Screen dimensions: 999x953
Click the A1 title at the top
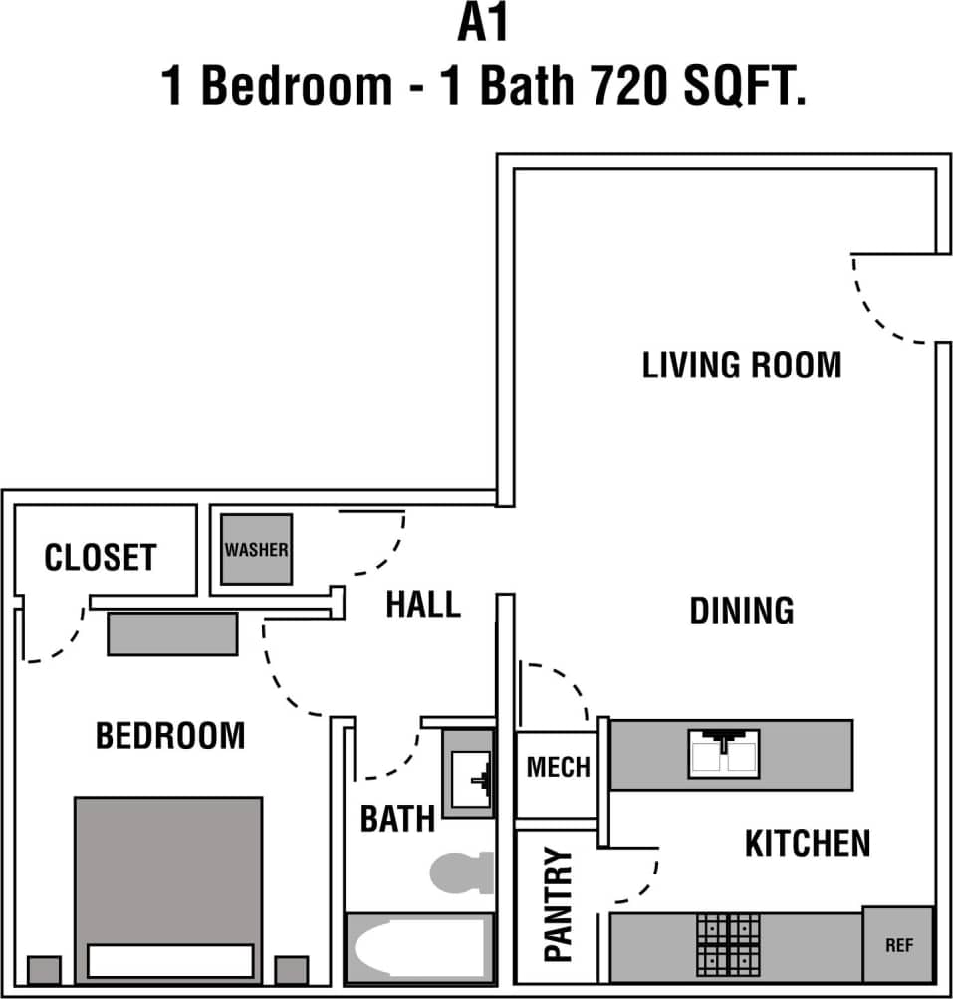tap(483, 25)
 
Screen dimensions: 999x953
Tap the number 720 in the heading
tap(630, 88)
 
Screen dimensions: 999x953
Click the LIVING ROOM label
tap(742, 365)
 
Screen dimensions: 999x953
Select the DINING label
tap(742, 610)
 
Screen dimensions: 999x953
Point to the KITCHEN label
tap(808, 844)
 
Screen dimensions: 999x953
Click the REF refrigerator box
tap(898, 944)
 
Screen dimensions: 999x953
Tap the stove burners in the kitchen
tap(728, 944)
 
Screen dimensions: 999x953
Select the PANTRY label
tap(560, 905)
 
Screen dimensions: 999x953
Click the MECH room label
tap(558, 767)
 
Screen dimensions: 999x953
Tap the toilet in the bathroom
tap(464, 872)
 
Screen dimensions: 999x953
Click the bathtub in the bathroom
tap(419, 950)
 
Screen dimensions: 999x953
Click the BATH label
tap(397, 820)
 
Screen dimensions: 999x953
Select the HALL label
tap(423, 605)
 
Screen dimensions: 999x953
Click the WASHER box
tap(256, 550)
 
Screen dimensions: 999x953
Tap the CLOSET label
tap(101, 557)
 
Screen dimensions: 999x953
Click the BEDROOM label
tap(170, 736)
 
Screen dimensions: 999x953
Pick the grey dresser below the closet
tap(172, 633)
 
